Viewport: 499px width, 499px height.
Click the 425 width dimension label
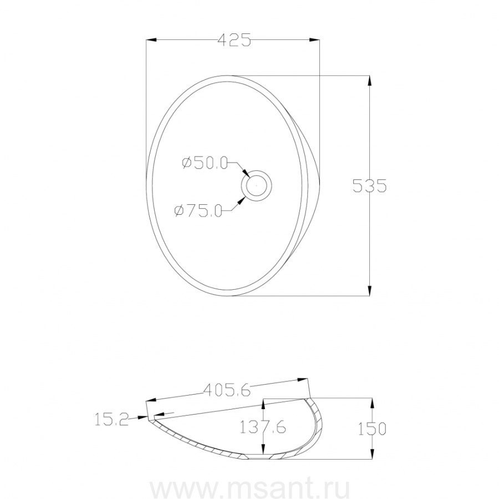tap(235, 40)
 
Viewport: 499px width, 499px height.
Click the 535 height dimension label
tap(369, 185)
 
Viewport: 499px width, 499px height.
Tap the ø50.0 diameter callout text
tap(205, 163)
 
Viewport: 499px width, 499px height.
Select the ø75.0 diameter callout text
tap(198, 210)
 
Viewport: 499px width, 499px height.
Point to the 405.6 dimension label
tap(227, 390)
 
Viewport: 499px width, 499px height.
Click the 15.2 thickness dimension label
tap(111, 419)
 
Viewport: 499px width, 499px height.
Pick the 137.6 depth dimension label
tap(263, 427)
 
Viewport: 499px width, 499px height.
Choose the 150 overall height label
tap(372, 429)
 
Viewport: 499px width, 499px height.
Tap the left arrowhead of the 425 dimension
tap(151, 40)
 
